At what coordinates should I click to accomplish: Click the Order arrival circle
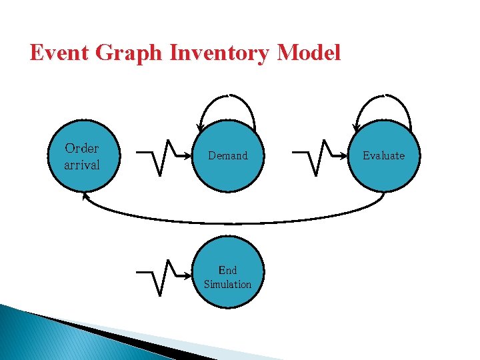(82, 156)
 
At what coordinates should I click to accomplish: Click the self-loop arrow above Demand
(227, 97)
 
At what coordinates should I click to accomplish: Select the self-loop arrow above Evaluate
(384, 97)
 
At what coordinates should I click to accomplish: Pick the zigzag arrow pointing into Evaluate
(319, 156)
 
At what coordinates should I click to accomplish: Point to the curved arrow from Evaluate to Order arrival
(233, 221)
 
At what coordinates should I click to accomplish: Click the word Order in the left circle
(81, 148)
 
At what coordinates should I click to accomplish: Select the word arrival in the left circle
(81, 164)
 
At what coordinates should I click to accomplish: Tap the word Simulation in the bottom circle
(227, 284)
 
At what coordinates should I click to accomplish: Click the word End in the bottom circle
(227, 270)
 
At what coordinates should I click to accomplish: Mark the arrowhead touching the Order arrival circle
(85, 196)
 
